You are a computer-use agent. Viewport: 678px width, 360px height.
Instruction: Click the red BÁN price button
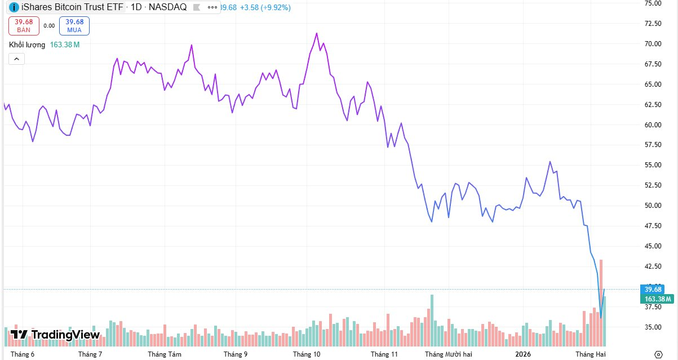click(x=24, y=26)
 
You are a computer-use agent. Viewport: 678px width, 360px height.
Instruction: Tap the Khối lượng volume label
click(x=26, y=45)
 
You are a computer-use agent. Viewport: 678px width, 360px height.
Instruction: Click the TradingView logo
click(x=55, y=335)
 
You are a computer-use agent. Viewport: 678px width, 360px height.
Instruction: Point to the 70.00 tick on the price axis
click(x=653, y=44)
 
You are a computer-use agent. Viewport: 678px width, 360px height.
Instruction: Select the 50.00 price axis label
click(x=653, y=206)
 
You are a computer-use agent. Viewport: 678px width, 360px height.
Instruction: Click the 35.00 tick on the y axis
click(x=653, y=327)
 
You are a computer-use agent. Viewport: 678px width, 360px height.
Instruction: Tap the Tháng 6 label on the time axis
click(x=23, y=354)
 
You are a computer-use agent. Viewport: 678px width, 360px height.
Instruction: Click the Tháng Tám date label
click(x=165, y=354)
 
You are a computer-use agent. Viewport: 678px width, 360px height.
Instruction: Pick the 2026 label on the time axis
click(x=524, y=354)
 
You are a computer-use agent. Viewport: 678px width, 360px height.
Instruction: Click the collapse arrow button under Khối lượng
click(x=16, y=59)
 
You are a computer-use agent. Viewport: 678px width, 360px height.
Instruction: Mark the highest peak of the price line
click(x=317, y=33)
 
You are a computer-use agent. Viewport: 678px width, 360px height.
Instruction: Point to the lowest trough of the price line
click(x=601, y=318)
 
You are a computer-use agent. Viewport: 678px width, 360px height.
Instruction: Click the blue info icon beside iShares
click(x=14, y=8)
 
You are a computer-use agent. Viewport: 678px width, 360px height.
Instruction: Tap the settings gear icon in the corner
click(x=658, y=354)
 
